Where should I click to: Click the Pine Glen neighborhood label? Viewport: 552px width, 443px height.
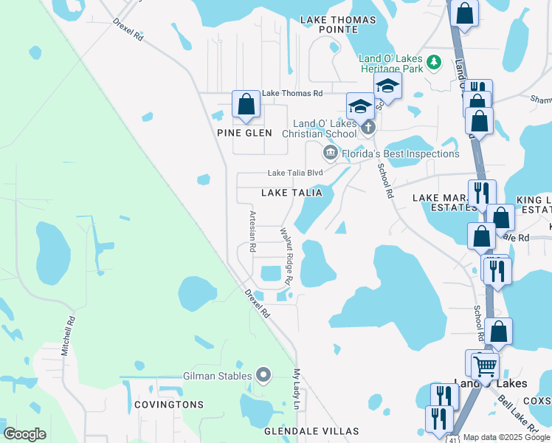(244, 133)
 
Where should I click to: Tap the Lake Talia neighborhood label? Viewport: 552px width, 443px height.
(292, 193)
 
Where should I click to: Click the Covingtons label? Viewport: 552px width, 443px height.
(169, 405)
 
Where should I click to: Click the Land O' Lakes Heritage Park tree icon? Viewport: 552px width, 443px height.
(435, 61)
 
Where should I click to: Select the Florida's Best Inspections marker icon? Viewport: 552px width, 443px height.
(330, 154)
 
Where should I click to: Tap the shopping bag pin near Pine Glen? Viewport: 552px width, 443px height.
(246, 104)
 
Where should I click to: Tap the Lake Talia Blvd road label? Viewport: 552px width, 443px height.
(295, 173)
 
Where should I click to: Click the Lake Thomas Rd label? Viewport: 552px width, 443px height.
(292, 94)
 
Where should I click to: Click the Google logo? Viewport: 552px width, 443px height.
(24, 434)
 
